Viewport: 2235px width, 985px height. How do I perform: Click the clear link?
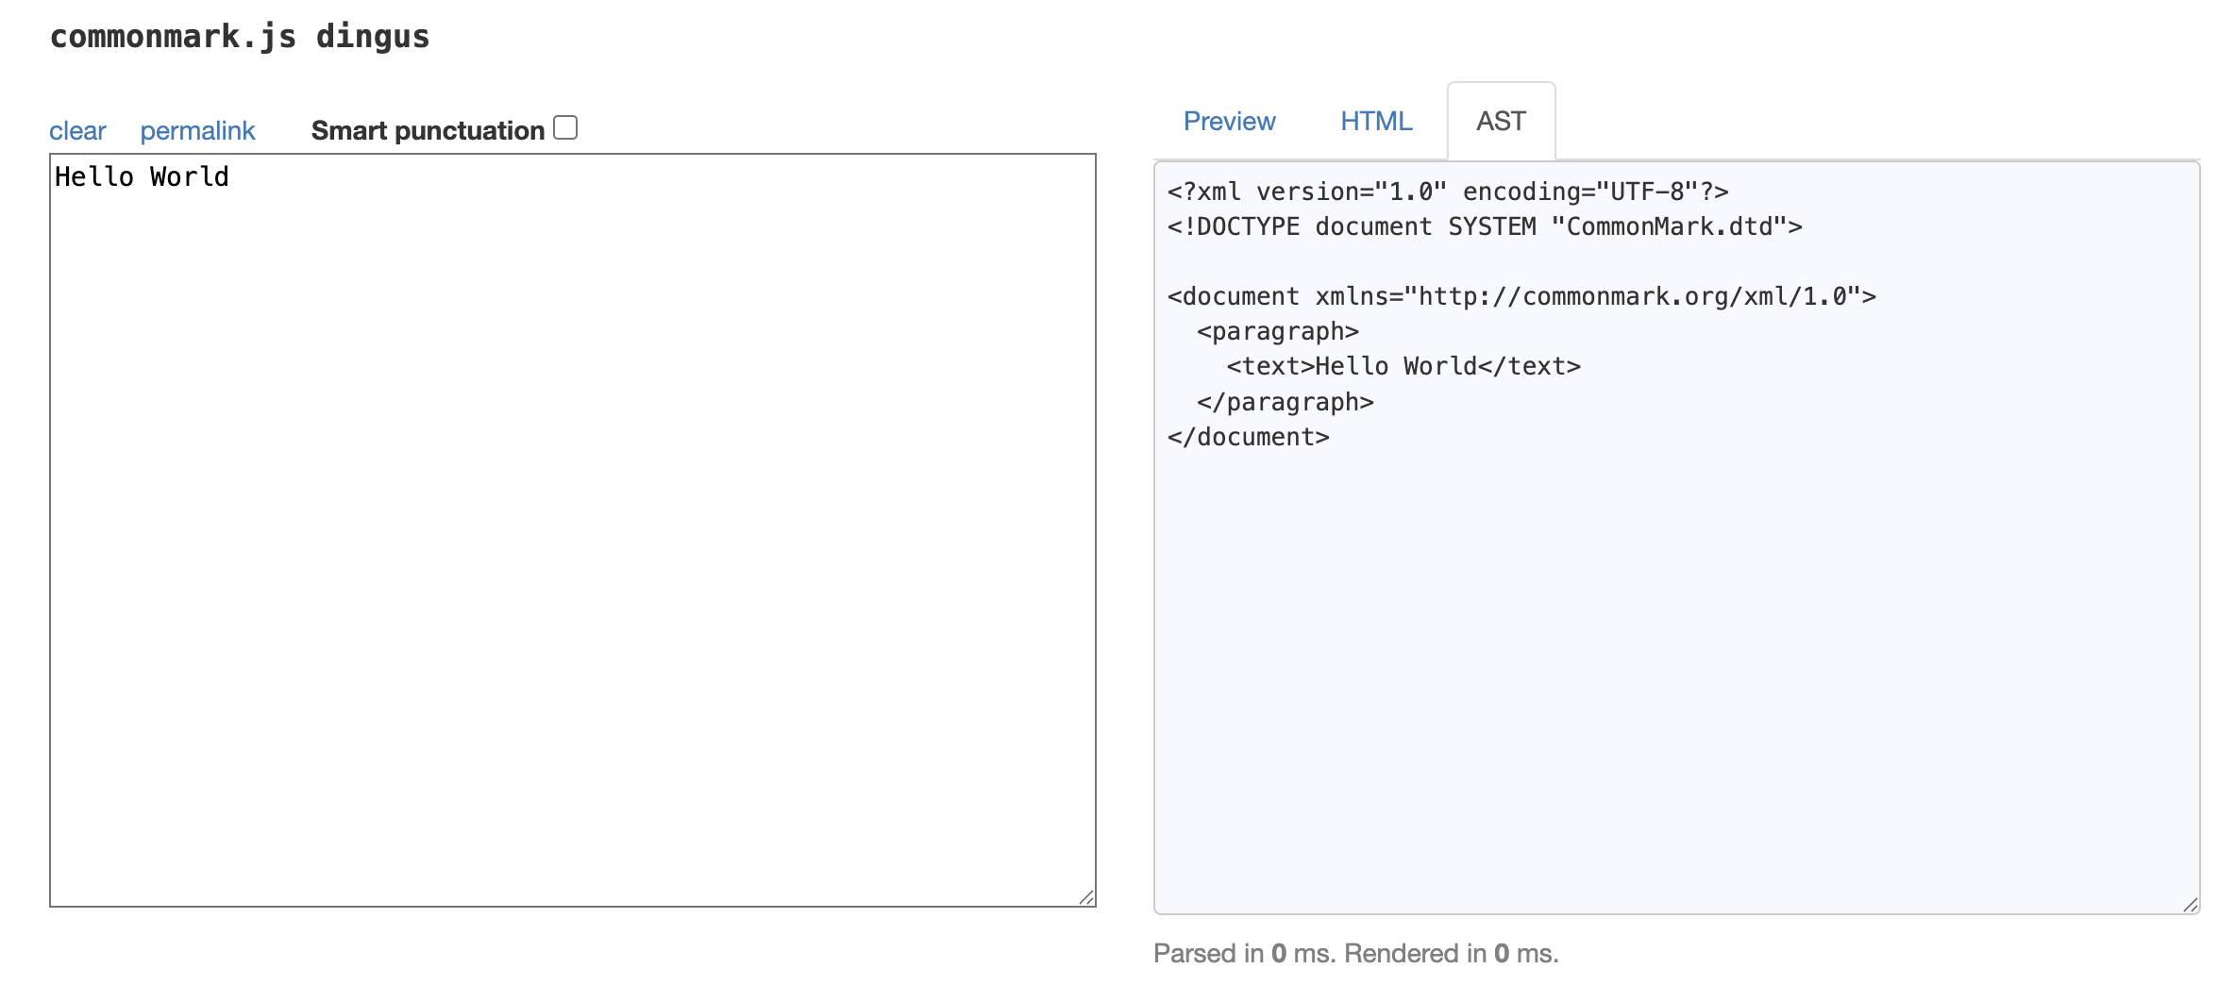[x=77, y=130]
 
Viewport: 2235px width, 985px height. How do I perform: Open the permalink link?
[x=197, y=130]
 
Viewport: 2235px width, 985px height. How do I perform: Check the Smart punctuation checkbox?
[x=565, y=127]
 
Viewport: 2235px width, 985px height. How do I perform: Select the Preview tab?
[x=1229, y=121]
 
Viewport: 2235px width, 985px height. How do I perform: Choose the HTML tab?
[x=1376, y=121]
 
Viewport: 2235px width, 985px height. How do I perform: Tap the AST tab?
[x=1501, y=121]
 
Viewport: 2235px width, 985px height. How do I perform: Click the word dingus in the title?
[x=373, y=37]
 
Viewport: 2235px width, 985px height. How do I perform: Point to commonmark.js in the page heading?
[x=173, y=37]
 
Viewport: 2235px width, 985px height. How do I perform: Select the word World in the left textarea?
[x=189, y=176]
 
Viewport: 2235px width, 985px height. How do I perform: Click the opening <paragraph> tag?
[x=1278, y=331]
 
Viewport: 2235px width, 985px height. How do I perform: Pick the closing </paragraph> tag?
[x=1286, y=402]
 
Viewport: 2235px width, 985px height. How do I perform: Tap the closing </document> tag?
[x=1248, y=437]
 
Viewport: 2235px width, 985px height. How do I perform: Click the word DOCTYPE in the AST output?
[x=1248, y=226]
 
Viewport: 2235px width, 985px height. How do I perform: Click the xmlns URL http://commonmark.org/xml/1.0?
[x=1633, y=296]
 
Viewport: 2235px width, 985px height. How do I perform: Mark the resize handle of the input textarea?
[x=1086, y=897]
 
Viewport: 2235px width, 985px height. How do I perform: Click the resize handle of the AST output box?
[x=2191, y=905]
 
